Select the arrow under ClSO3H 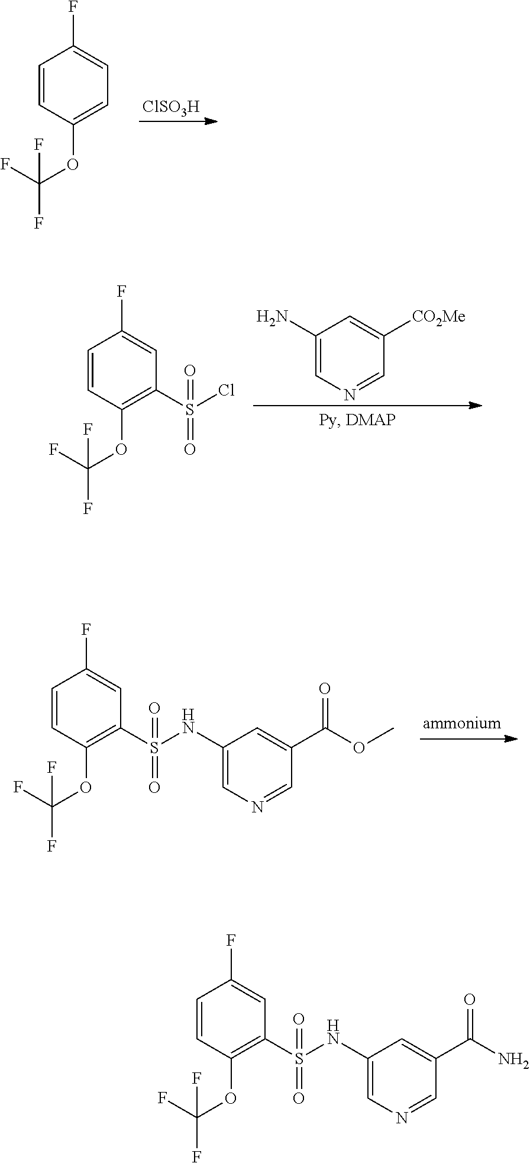pos(178,121)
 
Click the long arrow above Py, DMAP pos(367,406)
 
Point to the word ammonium pos(461,723)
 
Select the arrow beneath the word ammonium pos(469,739)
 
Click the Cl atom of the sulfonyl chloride pos(227,391)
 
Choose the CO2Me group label pos(438,317)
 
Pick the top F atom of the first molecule pos(73,16)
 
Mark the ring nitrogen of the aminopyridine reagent pos(350,395)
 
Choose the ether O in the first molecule pos(73,164)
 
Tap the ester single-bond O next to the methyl pos(358,748)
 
